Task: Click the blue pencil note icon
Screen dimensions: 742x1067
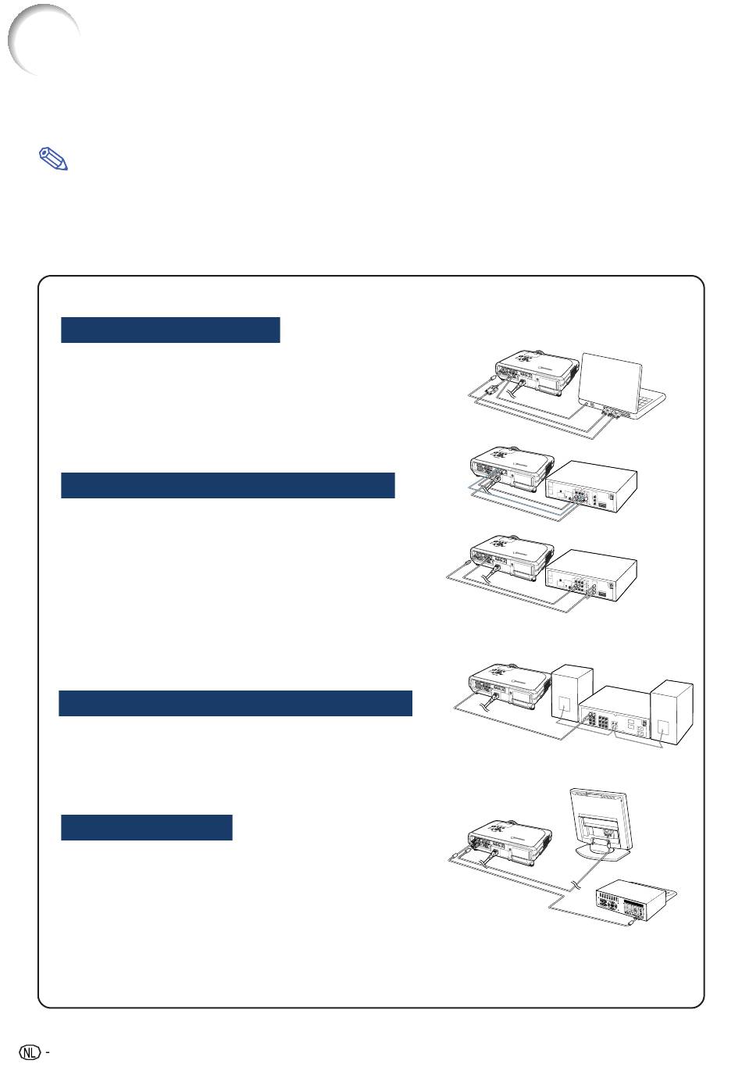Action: tap(53, 159)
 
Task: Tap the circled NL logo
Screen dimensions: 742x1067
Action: tap(30, 1051)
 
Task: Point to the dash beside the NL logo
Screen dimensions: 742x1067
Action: tap(47, 1051)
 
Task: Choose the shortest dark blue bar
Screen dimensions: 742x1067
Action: tap(147, 827)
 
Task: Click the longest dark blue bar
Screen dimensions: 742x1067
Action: tap(235, 703)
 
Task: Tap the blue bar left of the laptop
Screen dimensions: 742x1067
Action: tap(170, 330)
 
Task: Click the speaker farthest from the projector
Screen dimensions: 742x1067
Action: tap(672, 712)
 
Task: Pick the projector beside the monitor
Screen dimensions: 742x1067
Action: tap(510, 842)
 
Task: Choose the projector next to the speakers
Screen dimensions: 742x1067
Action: tap(510, 687)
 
